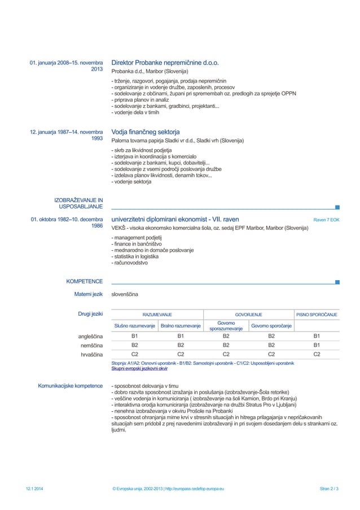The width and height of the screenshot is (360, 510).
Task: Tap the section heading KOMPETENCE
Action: (x=84, y=281)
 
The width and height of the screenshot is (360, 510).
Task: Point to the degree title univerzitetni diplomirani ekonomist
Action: (x=175, y=219)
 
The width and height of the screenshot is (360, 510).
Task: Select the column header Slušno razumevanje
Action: (x=135, y=326)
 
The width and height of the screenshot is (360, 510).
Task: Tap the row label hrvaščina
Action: (x=91, y=355)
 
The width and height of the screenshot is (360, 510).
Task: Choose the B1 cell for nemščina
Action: (x=317, y=346)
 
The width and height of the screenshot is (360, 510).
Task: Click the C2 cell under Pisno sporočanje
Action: (x=317, y=355)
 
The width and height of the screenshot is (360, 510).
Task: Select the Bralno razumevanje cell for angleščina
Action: (x=181, y=338)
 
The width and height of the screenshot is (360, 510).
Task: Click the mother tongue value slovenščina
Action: (x=124, y=294)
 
